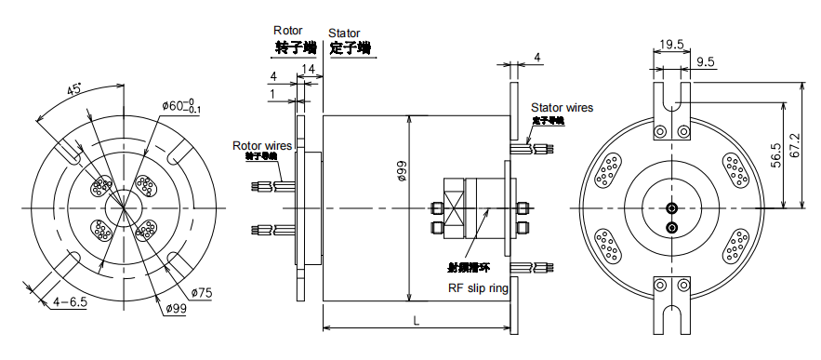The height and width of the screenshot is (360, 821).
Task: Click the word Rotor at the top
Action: (288, 31)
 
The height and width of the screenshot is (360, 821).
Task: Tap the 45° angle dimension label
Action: (73, 90)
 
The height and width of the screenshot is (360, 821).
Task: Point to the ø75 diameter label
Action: (202, 293)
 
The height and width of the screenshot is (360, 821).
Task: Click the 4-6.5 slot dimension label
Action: (70, 301)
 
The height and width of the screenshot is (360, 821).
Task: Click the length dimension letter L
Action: (417, 320)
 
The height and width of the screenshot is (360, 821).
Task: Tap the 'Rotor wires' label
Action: (261, 145)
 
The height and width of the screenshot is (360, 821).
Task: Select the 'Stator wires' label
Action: (562, 108)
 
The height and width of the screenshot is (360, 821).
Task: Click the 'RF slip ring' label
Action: (478, 288)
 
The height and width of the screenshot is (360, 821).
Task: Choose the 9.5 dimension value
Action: (705, 62)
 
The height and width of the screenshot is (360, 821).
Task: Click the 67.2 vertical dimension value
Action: (798, 144)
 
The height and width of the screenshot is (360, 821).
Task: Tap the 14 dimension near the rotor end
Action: (308, 70)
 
